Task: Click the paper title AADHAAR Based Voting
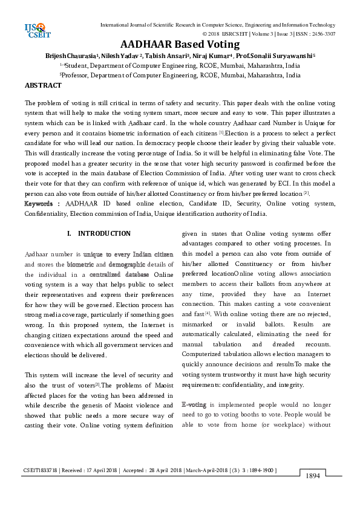coord(180,44)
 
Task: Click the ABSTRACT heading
coord(43,86)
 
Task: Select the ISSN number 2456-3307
coord(322,34)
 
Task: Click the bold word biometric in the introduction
coord(79,264)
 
